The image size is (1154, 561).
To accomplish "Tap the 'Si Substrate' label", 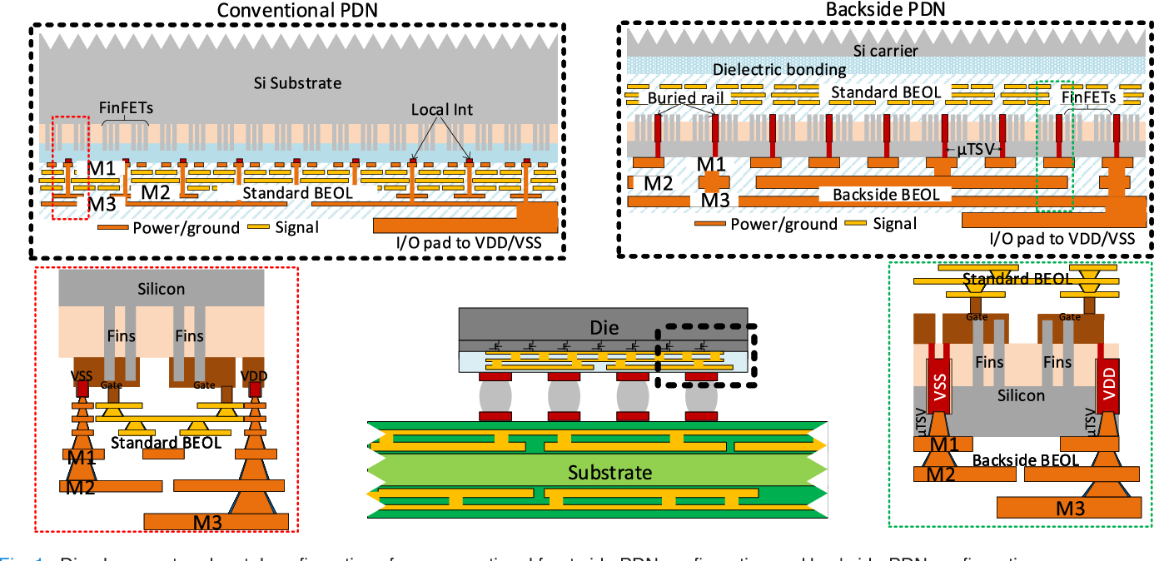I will click(x=297, y=83).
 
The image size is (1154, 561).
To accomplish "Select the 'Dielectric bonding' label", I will click(x=779, y=70).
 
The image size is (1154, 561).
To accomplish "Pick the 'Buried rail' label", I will click(x=684, y=98).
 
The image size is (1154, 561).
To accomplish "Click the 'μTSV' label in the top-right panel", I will click(x=971, y=149).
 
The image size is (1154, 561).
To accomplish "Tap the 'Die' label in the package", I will click(x=604, y=327).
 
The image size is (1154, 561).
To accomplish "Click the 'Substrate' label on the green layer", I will click(x=609, y=473).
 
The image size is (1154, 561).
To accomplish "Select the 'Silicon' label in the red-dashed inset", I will click(x=162, y=289).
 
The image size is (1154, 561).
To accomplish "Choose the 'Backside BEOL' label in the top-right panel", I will click(x=886, y=195).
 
